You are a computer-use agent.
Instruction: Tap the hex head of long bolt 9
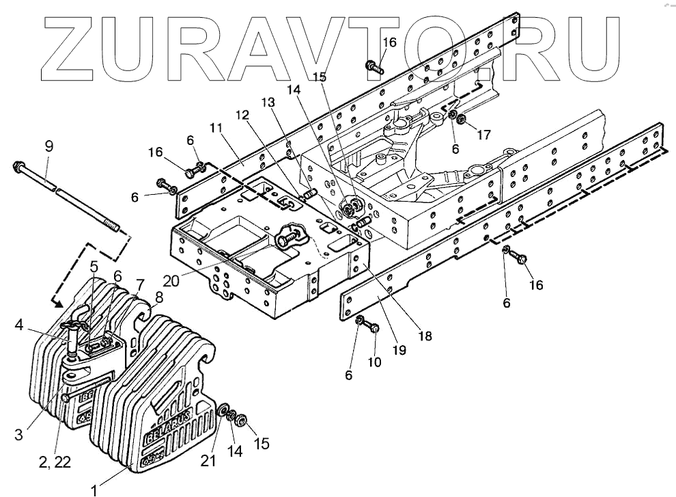pos(18,166)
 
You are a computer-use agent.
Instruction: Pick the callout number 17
pos(483,135)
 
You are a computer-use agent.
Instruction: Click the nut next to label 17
pos(462,120)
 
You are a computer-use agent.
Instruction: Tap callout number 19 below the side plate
pos(399,350)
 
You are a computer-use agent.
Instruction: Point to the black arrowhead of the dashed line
pos(58,301)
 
